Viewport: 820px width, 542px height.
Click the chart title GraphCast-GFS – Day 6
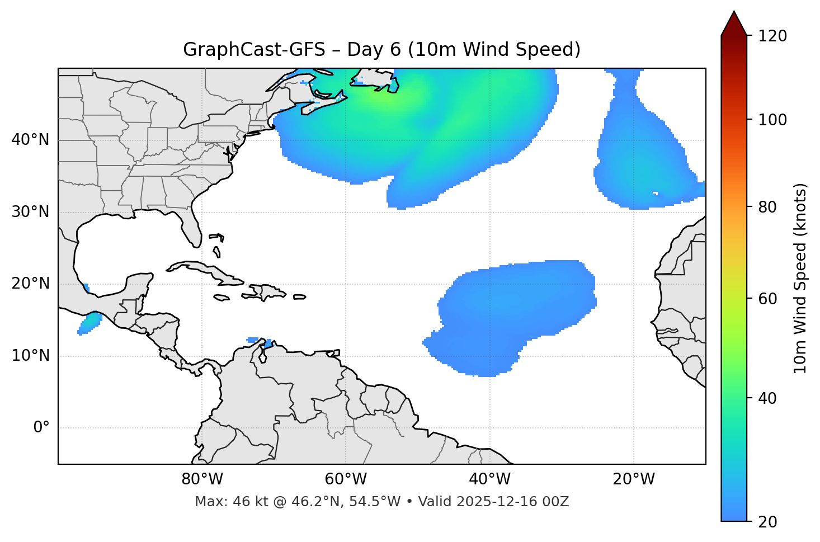tap(381, 50)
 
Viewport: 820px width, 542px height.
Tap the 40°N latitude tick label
tap(30, 139)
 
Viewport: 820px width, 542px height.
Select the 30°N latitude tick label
tap(30, 212)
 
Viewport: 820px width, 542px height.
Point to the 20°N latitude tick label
tap(30, 284)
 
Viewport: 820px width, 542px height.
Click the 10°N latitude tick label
tap(30, 356)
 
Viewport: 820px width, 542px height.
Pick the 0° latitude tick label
tap(41, 428)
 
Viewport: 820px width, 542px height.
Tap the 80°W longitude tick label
tap(202, 479)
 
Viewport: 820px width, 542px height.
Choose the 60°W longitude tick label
tap(346, 479)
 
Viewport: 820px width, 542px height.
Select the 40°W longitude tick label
tap(490, 479)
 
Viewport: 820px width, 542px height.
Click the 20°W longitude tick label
tap(634, 479)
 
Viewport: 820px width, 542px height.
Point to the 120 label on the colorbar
tap(772, 36)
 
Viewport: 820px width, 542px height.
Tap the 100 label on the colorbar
tap(772, 120)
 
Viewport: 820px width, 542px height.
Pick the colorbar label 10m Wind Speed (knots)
tap(800, 278)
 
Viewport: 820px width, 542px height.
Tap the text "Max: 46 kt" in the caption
tap(221, 502)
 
